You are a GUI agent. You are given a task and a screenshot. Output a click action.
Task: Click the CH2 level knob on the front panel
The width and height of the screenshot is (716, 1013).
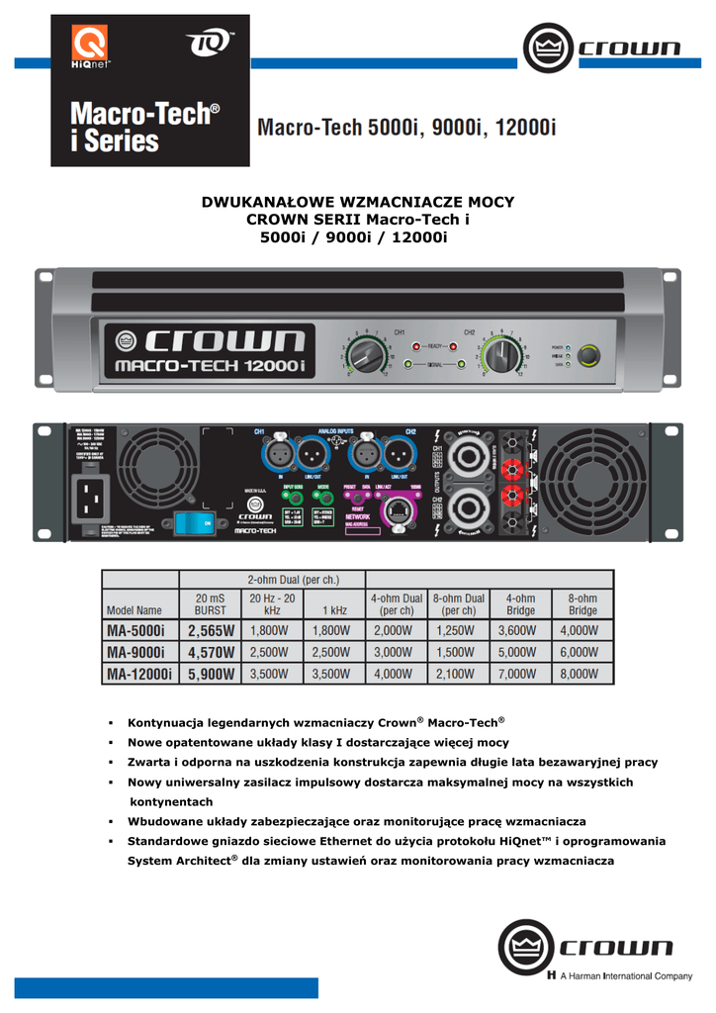click(501, 353)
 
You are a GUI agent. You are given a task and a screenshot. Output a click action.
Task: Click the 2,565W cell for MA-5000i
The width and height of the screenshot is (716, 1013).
click(210, 630)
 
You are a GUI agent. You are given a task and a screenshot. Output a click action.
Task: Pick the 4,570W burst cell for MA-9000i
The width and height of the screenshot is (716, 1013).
click(210, 652)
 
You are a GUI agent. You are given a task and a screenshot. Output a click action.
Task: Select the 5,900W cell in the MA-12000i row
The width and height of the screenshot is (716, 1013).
click(210, 674)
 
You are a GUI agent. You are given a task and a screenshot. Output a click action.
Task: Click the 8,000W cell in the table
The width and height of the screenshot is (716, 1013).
click(581, 674)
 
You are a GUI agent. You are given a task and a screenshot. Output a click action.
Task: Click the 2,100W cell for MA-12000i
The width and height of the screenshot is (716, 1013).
click(458, 674)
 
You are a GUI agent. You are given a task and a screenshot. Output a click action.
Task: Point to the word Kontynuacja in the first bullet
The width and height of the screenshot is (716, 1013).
click(168, 723)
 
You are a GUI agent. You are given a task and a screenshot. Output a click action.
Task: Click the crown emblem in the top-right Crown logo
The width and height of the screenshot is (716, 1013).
click(542, 47)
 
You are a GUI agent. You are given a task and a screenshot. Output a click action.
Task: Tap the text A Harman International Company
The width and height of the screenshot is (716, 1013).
click(626, 976)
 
